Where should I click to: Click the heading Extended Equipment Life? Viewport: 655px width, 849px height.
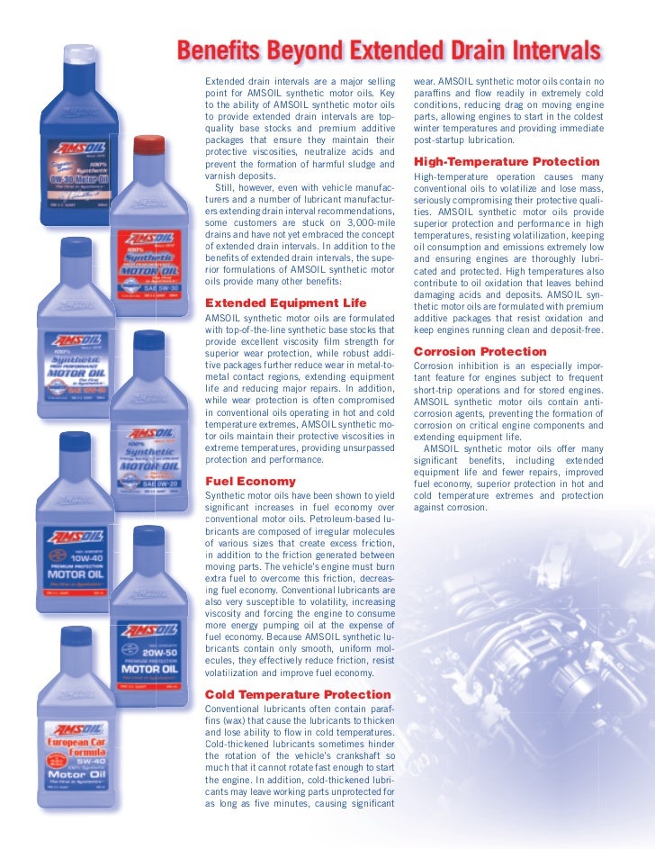click(286, 303)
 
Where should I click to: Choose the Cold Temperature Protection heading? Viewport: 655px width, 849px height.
click(299, 694)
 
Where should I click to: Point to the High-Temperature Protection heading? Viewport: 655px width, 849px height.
click(506, 161)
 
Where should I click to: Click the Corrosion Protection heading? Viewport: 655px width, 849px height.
click(480, 351)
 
